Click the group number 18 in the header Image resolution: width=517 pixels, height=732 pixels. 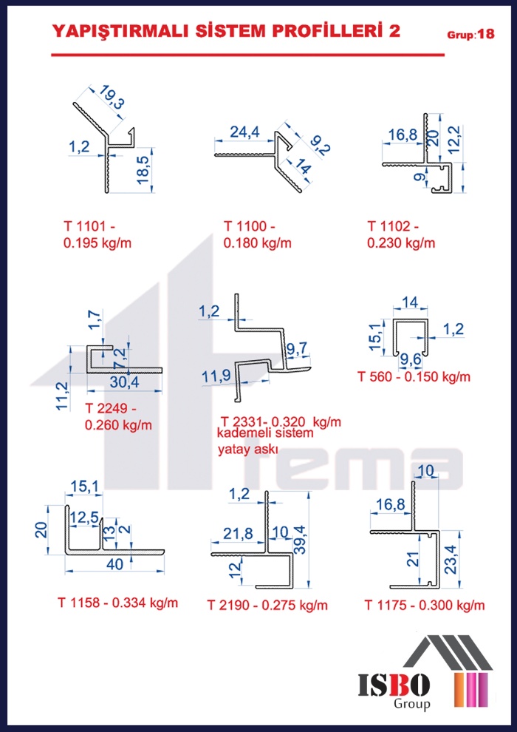486,34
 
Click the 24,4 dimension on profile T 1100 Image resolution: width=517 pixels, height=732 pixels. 244,133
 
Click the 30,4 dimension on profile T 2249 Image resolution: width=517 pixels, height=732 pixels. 125,382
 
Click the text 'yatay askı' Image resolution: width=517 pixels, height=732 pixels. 248,450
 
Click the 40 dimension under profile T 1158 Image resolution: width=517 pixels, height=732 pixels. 114,564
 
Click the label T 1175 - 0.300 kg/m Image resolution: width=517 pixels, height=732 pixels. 425,606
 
